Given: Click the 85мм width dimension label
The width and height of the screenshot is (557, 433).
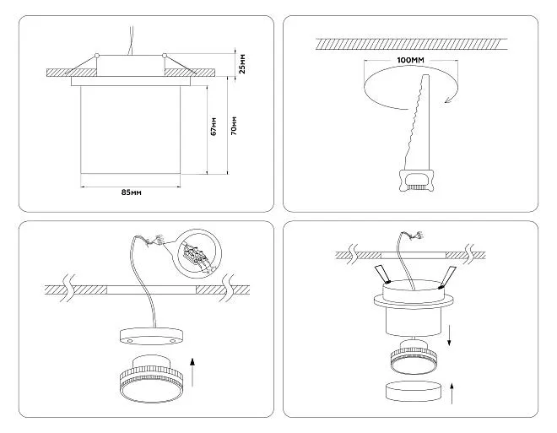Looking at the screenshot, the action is (x=132, y=192).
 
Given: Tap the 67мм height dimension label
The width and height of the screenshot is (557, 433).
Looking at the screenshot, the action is (x=214, y=126).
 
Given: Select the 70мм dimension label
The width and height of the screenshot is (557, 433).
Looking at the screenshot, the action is (x=234, y=126).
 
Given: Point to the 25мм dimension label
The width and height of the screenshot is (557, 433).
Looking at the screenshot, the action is (x=242, y=64).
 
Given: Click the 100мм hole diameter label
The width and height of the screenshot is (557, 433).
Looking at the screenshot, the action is (x=411, y=60).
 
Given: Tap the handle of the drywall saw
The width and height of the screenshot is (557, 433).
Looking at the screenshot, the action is (x=417, y=181).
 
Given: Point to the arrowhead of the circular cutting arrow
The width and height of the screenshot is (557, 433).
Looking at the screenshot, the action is (x=448, y=100).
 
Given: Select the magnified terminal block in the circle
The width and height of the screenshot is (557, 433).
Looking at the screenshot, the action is (x=195, y=255).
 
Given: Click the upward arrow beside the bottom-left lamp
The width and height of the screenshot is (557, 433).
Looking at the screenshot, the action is (x=192, y=372).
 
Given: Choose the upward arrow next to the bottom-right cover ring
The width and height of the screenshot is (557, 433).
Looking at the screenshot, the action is (x=452, y=393).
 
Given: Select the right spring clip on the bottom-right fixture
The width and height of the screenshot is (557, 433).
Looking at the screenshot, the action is (x=447, y=276).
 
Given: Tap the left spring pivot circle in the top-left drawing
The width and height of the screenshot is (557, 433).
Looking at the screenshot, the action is (x=96, y=56).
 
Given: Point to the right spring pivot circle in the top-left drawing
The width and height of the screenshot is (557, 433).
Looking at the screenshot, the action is (x=164, y=56).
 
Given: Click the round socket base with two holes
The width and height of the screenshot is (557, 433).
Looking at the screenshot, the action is (x=151, y=336).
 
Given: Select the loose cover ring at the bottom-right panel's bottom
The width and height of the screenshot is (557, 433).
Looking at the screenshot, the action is (x=413, y=391).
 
